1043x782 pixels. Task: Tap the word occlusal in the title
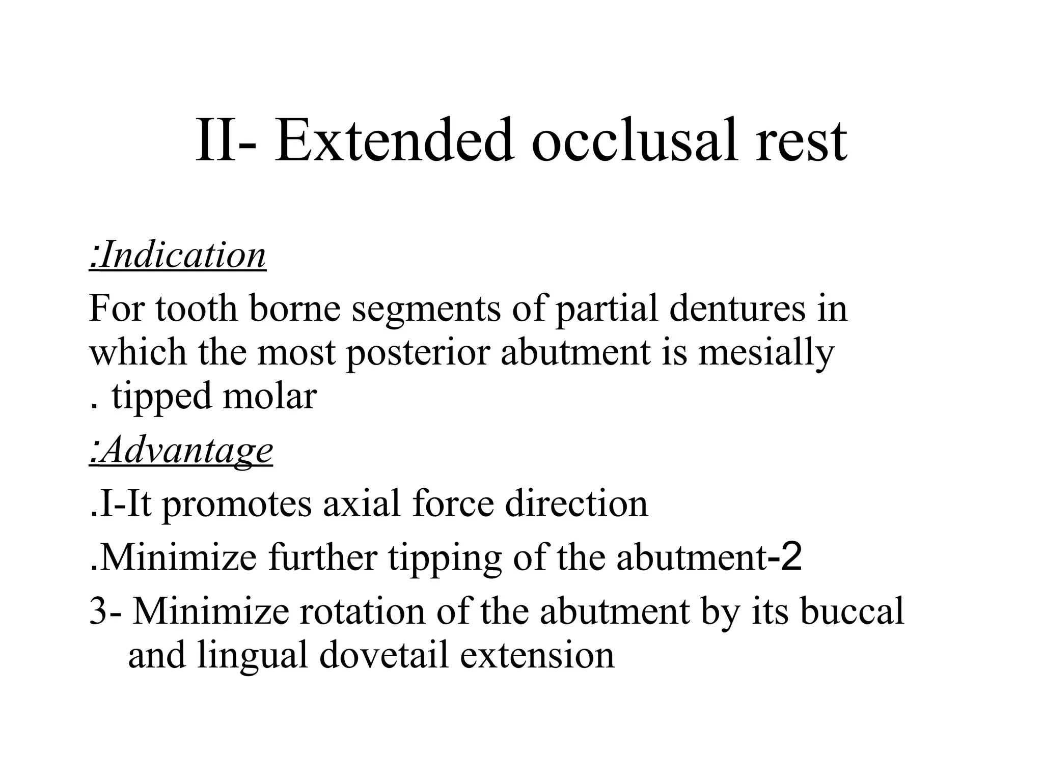point(635,140)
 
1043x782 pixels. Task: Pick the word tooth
point(197,309)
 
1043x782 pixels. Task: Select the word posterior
point(417,352)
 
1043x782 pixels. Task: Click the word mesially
point(766,352)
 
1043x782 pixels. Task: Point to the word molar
point(269,396)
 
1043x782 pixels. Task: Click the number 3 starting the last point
point(97,611)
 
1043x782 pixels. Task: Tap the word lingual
point(253,656)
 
